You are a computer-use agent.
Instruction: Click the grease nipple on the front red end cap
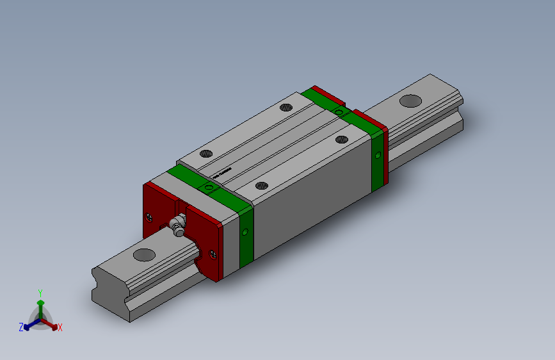pyautogui.click(x=176, y=225)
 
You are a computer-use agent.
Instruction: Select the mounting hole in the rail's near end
pyautogui.click(x=145, y=254)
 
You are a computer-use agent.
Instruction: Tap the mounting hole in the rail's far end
pyautogui.click(x=410, y=101)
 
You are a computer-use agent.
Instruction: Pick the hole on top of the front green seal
pyautogui.click(x=209, y=187)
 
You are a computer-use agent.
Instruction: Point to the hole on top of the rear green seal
pyautogui.click(x=338, y=113)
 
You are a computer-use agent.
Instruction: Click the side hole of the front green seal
pyautogui.click(x=245, y=231)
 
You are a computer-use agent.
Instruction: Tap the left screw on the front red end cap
pyautogui.click(x=150, y=216)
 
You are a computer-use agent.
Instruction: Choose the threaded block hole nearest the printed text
pyautogui.click(x=206, y=154)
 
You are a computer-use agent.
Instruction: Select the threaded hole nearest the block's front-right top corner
pyautogui.click(x=261, y=185)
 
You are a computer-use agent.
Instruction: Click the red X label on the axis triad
pyautogui.click(x=60, y=327)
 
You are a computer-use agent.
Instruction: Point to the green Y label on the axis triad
pyautogui.click(x=40, y=291)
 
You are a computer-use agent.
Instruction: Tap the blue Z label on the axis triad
pyautogui.click(x=21, y=327)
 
